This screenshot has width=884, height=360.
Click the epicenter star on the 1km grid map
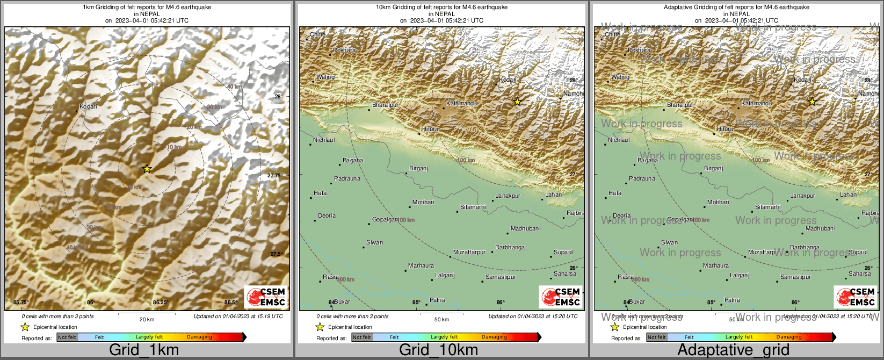tap(147, 169)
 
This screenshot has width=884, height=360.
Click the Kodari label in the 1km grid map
tap(89, 106)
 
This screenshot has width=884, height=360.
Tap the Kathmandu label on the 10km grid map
tap(462, 103)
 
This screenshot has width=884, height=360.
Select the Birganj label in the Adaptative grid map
tap(714, 169)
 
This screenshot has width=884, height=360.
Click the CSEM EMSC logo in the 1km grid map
tap(266, 297)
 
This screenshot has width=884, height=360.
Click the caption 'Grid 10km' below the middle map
tap(438, 350)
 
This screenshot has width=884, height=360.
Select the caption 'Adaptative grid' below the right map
tap(733, 350)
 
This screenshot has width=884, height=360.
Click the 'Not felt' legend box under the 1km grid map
tap(67, 337)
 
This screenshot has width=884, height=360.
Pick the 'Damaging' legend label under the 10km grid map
tap(494, 337)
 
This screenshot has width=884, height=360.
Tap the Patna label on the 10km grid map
tap(438, 300)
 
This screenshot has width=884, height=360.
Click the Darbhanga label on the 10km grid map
tap(510, 248)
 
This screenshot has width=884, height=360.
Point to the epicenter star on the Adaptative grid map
tap(812, 102)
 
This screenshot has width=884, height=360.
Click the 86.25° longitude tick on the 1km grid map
tap(160, 303)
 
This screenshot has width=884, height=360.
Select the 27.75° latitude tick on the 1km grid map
tap(274, 176)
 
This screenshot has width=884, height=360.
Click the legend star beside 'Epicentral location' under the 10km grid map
tap(320, 327)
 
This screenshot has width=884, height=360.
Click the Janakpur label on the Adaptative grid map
tap(803, 196)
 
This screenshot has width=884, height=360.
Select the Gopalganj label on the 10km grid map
tap(386, 220)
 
